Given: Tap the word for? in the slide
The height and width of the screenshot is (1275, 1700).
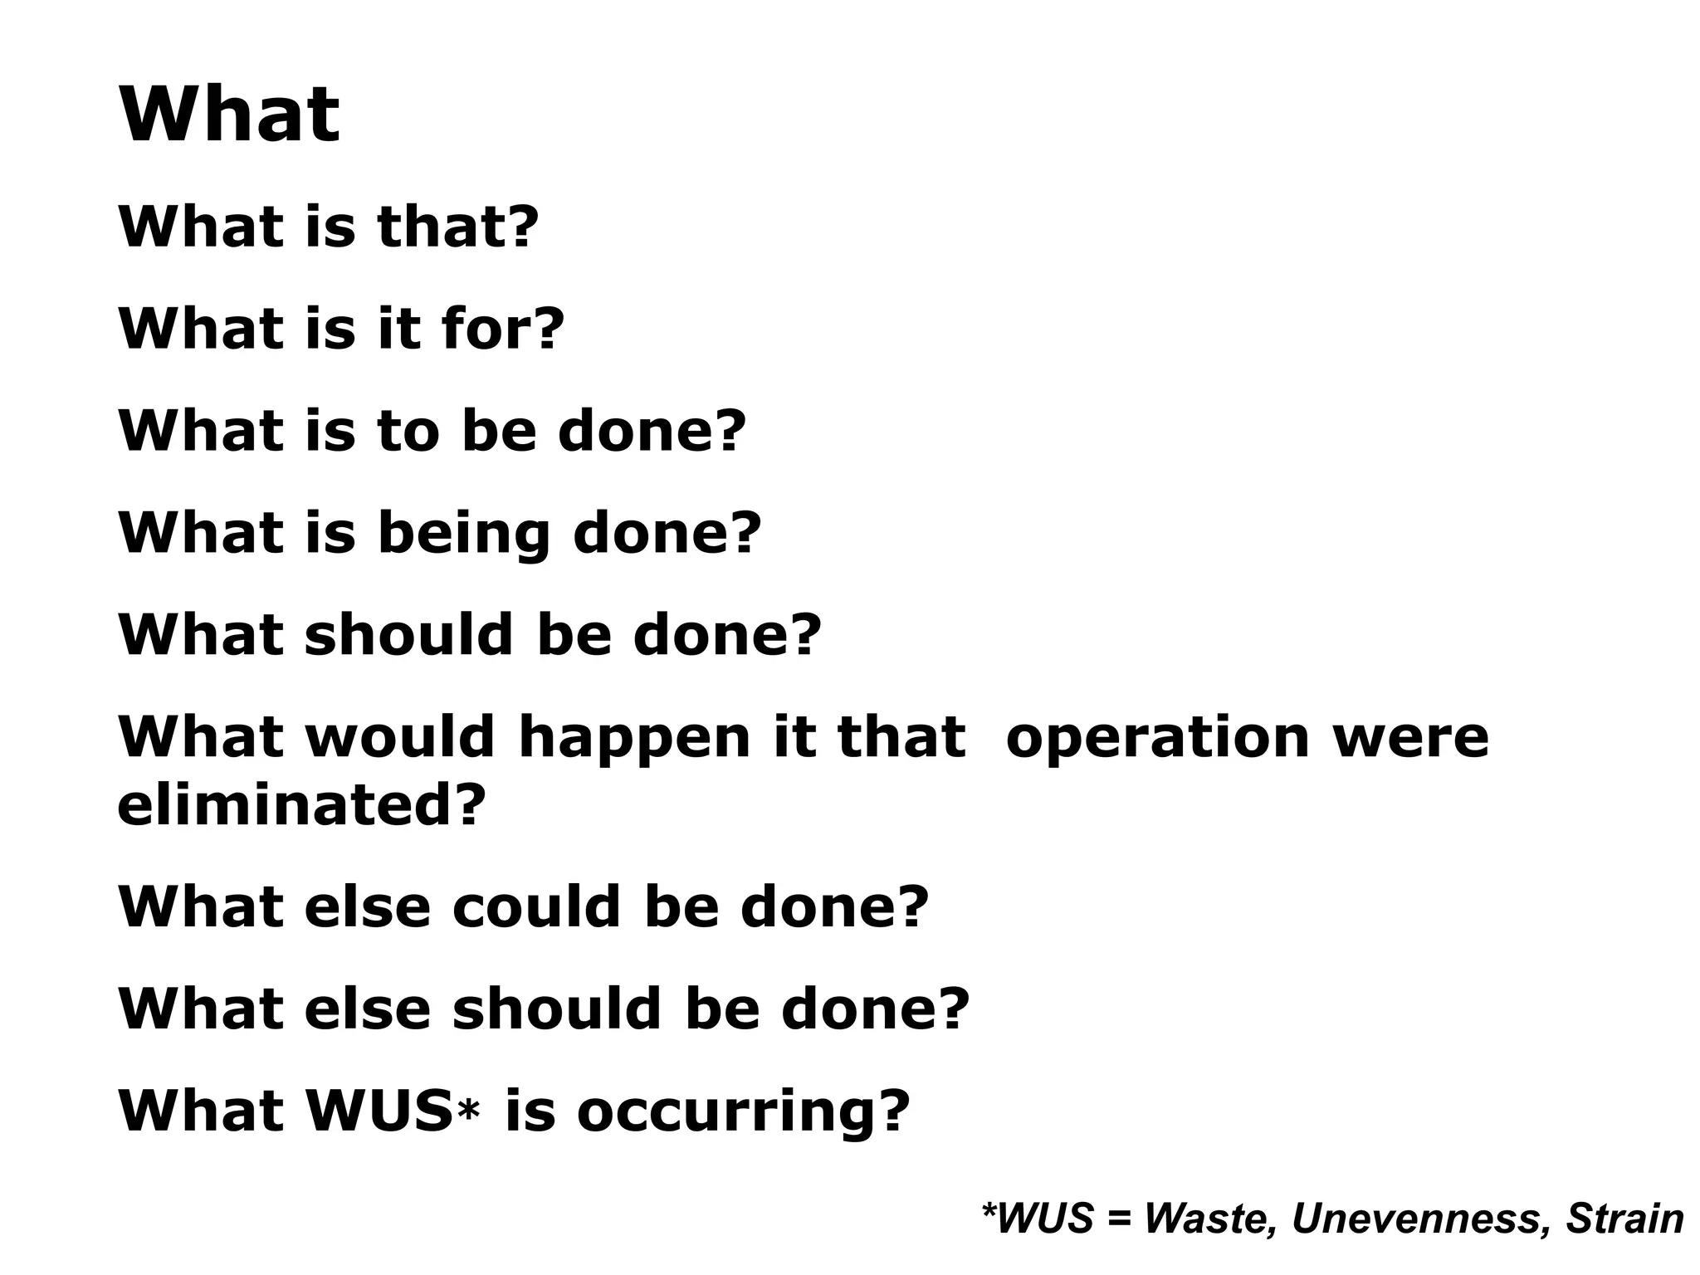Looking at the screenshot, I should [x=503, y=328].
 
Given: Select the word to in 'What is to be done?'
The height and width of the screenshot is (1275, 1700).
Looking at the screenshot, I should [x=408, y=431].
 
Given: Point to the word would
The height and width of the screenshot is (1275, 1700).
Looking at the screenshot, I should [x=400, y=736].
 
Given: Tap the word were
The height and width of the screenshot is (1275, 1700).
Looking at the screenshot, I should [x=1410, y=738].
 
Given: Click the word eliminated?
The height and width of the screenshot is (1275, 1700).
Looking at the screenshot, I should [x=300, y=806].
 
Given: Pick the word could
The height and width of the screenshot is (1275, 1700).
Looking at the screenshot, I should [x=536, y=906].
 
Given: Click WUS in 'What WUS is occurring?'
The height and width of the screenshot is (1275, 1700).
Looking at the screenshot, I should [x=379, y=1110].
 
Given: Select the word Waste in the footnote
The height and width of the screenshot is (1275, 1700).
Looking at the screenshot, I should [x=1210, y=1219].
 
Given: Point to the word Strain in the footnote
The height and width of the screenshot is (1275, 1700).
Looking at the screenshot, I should [x=1624, y=1219].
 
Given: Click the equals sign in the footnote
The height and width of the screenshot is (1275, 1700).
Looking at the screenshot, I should [x=1118, y=1219].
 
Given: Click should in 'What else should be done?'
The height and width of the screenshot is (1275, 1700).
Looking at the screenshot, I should [x=558, y=1009].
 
